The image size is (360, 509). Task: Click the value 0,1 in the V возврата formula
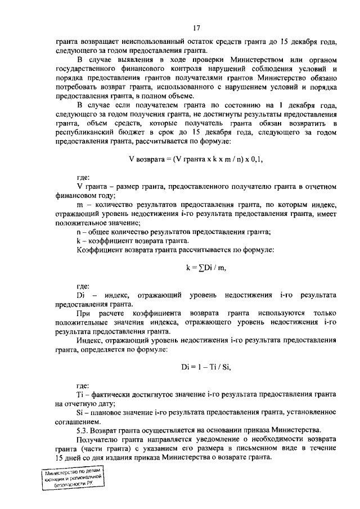(x=256, y=159)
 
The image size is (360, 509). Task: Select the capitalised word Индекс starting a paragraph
(x=90, y=340)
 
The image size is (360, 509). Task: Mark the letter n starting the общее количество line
(x=78, y=231)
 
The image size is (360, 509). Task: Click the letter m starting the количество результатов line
(x=79, y=204)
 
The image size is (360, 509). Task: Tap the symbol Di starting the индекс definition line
(x=80, y=294)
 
